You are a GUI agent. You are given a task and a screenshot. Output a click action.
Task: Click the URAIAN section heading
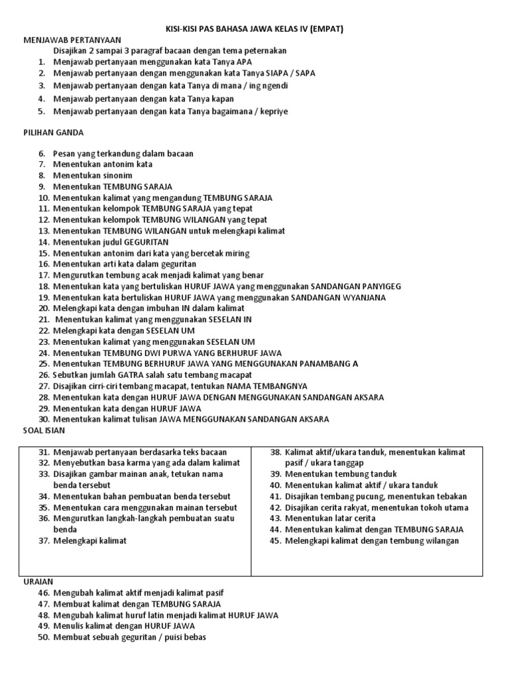tap(38, 581)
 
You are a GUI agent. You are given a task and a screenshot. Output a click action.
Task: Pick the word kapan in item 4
tap(220, 99)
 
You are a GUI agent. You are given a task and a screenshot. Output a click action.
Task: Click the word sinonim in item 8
tap(110, 175)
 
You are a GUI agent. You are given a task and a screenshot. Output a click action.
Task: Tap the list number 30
tap(44, 419)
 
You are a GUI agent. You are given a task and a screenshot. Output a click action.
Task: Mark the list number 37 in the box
tap(44, 540)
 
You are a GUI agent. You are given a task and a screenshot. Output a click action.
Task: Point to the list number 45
tap(276, 540)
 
